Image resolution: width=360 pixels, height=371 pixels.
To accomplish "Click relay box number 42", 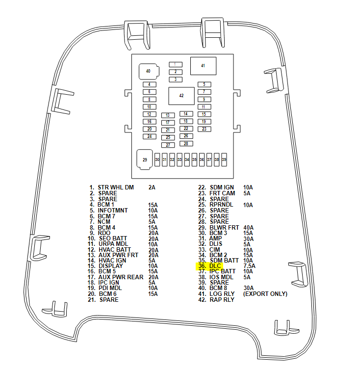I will [x=181, y=96].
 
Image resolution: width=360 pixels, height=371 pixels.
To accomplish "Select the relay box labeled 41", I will [x=203, y=65].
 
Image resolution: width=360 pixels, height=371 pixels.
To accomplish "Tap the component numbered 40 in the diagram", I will [x=148, y=71].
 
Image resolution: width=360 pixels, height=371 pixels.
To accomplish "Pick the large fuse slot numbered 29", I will [x=145, y=159].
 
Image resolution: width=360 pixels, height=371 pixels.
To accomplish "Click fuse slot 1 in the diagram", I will [x=175, y=64].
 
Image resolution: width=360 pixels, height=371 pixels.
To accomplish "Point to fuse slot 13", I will [x=168, y=115].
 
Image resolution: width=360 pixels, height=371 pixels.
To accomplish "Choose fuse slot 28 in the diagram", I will [x=186, y=143].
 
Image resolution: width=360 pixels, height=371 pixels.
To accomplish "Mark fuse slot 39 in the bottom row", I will [x=224, y=159].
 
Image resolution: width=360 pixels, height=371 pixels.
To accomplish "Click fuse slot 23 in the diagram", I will [x=204, y=129].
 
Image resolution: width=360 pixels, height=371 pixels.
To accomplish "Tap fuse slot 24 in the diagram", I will [x=150, y=136].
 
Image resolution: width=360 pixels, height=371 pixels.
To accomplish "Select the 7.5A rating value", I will [x=249, y=266].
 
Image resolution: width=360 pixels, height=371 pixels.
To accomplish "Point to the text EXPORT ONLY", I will [x=265, y=294].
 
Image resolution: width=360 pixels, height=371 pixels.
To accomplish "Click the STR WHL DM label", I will [x=116, y=187].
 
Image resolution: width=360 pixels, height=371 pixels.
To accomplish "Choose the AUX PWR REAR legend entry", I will [x=121, y=277].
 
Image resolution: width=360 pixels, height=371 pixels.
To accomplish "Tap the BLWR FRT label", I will [x=224, y=227].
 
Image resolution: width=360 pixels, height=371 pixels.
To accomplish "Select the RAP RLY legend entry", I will [x=222, y=299].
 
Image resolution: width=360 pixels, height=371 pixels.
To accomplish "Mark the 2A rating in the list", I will [x=152, y=187].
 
